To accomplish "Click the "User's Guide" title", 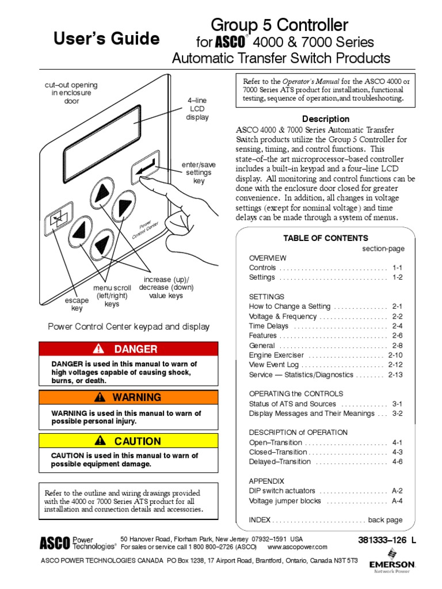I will [x=106, y=39].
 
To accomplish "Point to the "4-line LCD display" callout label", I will [x=197, y=109].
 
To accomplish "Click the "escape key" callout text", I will [x=77, y=304].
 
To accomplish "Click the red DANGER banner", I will [x=128, y=349].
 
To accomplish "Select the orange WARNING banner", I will [x=128, y=397].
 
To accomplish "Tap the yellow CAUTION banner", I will [x=128, y=441].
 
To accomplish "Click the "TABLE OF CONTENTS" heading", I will [x=325, y=238].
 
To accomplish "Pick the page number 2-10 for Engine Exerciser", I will [x=395, y=355].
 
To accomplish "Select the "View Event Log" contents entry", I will [x=274, y=365].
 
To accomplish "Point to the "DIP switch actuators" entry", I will [x=282, y=491].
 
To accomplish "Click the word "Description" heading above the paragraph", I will [x=326, y=119].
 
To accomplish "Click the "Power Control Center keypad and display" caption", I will [x=128, y=327].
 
